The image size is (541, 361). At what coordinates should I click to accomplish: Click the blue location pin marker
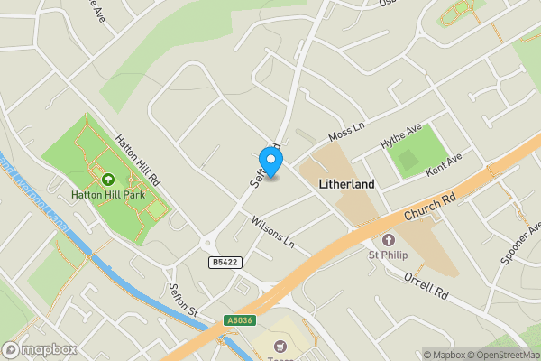point(270,161)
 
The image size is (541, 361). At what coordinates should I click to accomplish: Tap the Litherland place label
point(347,183)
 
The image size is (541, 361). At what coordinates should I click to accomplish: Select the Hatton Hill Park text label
point(108,193)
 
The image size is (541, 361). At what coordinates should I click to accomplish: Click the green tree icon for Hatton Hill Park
point(108,180)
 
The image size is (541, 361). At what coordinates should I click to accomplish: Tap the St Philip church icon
point(389,240)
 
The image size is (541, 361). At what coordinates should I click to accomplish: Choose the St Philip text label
point(389,255)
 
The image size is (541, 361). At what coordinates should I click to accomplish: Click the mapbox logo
point(39,349)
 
